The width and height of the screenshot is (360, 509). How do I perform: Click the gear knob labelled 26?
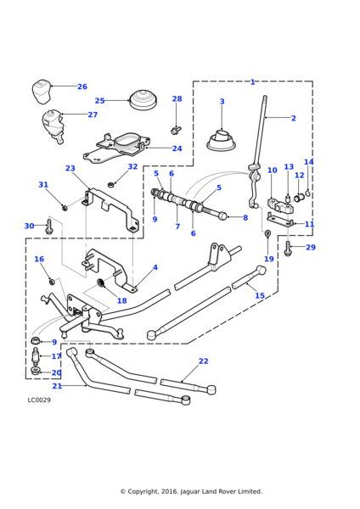click(x=42, y=92)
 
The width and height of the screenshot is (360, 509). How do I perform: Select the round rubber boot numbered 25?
click(x=143, y=100)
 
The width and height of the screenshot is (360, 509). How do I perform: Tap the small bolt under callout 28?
click(x=176, y=130)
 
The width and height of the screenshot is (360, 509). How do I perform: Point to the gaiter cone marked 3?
click(x=222, y=140)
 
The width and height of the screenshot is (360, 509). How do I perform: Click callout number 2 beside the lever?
click(x=294, y=118)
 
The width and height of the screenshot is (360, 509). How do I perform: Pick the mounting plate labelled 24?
click(x=116, y=148)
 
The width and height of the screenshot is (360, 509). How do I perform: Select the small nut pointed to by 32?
click(x=111, y=185)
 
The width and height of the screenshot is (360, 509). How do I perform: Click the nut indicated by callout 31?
click(x=65, y=207)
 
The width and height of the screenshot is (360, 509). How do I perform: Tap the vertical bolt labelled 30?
click(x=49, y=227)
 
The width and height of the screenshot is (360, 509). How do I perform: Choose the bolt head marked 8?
click(x=222, y=215)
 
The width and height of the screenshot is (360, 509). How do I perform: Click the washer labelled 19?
click(x=267, y=232)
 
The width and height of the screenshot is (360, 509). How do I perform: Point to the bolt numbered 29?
click(x=288, y=249)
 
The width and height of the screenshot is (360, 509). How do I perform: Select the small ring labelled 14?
click(x=307, y=194)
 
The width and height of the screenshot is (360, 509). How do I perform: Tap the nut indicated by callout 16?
click(x=51, y=281)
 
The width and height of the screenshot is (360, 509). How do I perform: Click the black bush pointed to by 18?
click(x=101, y=283)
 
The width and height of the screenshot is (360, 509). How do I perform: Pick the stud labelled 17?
click(x=35, y=356)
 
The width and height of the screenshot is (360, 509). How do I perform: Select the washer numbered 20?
click(x=35, y=371)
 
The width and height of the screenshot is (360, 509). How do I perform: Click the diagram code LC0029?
click(x=39, y=400)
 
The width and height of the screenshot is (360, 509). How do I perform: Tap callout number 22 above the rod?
click(x=204, y=361)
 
